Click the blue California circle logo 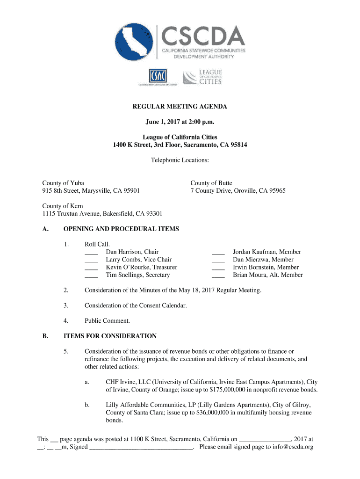(x=136, y=43)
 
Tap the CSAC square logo (x=157, y=77)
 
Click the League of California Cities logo (x=202, y=77)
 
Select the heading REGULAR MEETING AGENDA (x=180, y=107)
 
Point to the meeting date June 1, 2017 (x=165, y=122)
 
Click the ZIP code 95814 (x=236, y=145)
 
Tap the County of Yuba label (x=63, y=183)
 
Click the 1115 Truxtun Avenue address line (x=102, y=214)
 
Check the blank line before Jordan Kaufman (x=218, y=252)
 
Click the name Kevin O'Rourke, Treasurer (x=141, y=267)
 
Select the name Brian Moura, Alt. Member (x=267, y=275)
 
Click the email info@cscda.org (x=292, y=447)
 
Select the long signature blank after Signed (x=141, y=447)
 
